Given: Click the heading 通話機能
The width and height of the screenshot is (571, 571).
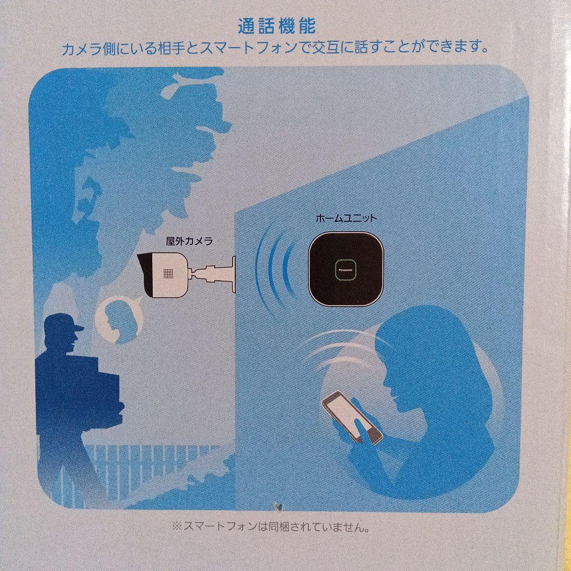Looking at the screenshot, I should coord(277,25).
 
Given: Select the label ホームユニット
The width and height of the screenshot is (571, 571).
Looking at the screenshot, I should coord(346,217).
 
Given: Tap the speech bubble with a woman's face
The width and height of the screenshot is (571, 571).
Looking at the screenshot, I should coord(119,320).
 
